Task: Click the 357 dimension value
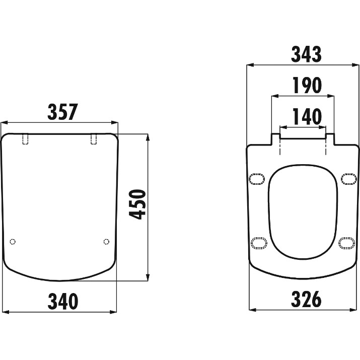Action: click(62, 112)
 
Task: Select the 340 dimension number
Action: click(63, 301)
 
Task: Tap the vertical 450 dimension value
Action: click(137, 204)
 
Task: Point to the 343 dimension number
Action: click(306, 54)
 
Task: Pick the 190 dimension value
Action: click(307, 85)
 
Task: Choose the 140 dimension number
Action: click(307, 116)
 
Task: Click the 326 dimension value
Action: click(306, 299)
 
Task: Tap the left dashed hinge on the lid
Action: click(25, 139)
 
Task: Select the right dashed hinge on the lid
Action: click(94, 139)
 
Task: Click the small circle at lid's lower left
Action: click(13, 242)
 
